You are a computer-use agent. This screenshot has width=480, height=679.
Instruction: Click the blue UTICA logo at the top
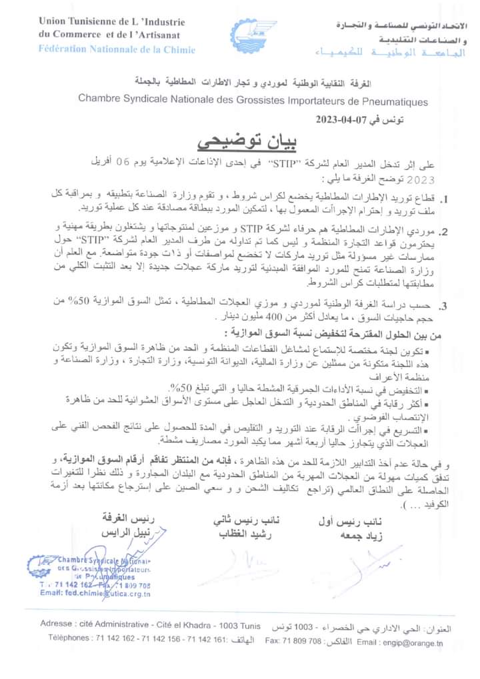[x=253, y=37]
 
